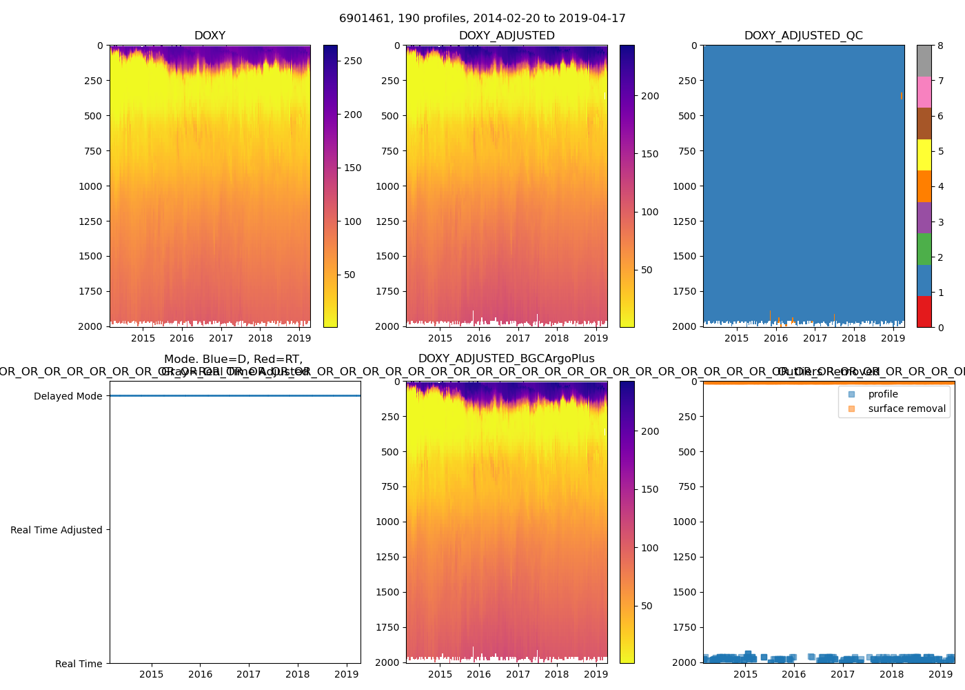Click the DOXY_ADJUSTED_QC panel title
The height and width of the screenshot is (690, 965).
(803, 36)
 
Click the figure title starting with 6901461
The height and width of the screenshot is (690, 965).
(482, 19)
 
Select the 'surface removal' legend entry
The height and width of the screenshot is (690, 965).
(906, 408)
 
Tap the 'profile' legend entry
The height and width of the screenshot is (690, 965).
(883, 394)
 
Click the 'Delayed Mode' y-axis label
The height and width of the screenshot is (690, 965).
(68, 396)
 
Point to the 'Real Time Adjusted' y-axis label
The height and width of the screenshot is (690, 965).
(57, 530)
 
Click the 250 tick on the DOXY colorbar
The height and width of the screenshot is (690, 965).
(353, 61)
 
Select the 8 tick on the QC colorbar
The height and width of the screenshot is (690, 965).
(940, 46)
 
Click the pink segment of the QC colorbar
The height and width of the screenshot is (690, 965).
(924, 92)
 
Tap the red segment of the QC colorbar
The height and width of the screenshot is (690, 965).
(924, 311)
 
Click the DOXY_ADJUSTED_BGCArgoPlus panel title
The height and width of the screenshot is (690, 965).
(506, 359)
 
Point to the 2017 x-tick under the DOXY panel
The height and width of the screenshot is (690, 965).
(221, 338)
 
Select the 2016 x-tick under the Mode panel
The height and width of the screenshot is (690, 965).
(201, 674)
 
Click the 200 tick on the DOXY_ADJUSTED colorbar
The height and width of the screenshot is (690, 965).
(650, 96)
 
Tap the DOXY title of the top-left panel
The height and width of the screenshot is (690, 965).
(210, 36)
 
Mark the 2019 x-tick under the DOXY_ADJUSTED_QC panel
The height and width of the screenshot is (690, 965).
(893, 338)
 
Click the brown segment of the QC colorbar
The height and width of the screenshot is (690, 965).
(924, 124)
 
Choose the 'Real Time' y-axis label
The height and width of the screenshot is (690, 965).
(79, 664)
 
